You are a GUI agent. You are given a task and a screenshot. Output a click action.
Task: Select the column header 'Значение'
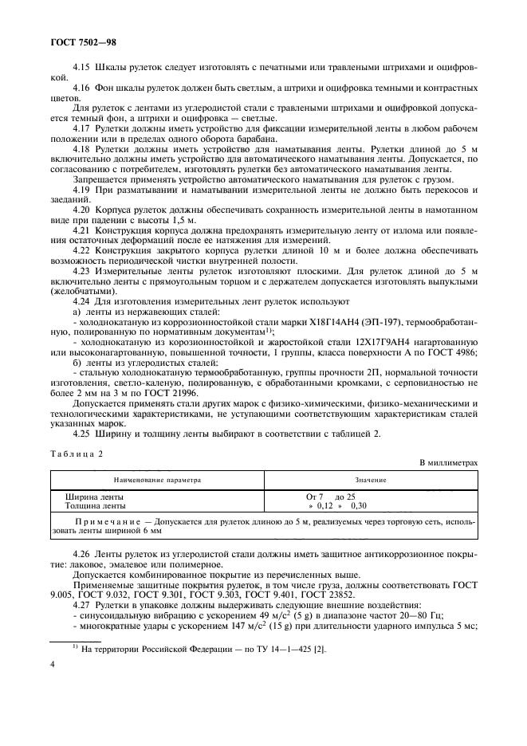tap(371, 481)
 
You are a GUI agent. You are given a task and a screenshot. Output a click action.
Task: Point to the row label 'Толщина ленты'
tap(95, 505)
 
